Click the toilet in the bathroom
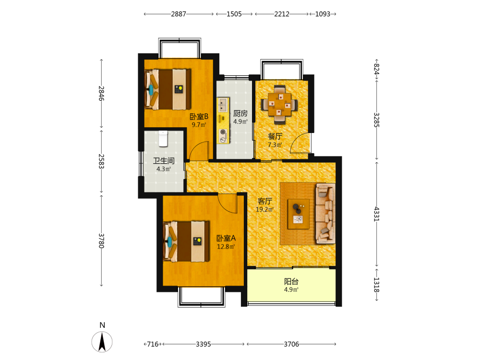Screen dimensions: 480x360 click(x=163, y=139)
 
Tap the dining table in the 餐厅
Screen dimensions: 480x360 click(x=279, y=104)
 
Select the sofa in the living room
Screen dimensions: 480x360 click(x=325, y=214)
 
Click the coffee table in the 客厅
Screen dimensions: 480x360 click(x=299, y=214)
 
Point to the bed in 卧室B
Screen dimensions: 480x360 click(x=168, y=89)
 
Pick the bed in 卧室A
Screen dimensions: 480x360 click(x=186, y=241)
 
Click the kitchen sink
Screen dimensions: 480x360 click(x=223, y=105)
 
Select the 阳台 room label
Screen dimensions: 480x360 click(x=291, y=281)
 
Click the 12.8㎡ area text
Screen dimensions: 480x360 click(x=226, y=247)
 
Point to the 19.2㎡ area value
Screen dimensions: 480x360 click(x=264, y=209)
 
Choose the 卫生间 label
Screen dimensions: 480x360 click(x=164, y=161)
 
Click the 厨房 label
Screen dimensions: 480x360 click(x=240, y=114)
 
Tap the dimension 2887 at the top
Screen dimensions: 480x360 click(x=179, y=14)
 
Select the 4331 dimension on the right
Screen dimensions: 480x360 click(x=377, y=214)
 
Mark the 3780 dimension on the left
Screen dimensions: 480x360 click(x=101, y=240)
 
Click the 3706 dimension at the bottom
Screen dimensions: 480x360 click(x=291, y=344)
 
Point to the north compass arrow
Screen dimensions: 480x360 click(x=102, y=342)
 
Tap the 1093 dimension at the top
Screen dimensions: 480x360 click(x=323, y=14)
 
